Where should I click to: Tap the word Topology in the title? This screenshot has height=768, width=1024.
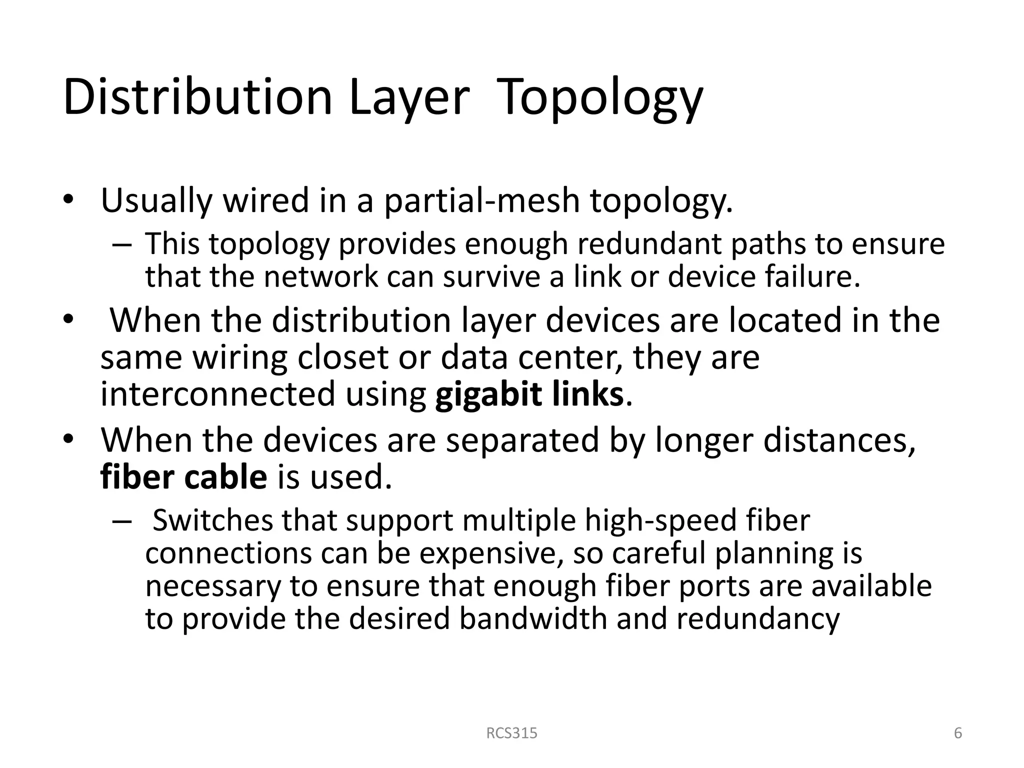coord(600,98)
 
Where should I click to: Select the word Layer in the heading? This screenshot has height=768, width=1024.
coord(409,98)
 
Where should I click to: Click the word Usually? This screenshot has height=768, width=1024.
coord(156,201)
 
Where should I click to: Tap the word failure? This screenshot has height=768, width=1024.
coord(812,277)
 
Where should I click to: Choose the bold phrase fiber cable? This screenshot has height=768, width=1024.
coord(183,477)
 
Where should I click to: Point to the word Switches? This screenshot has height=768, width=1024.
coord(212,520)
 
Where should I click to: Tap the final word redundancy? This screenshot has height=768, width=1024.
coord(758,619)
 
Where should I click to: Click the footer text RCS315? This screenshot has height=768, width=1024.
coord(511,733)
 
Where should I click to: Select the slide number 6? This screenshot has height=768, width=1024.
coord(958,733)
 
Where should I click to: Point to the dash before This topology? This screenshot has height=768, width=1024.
coord(122,245)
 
